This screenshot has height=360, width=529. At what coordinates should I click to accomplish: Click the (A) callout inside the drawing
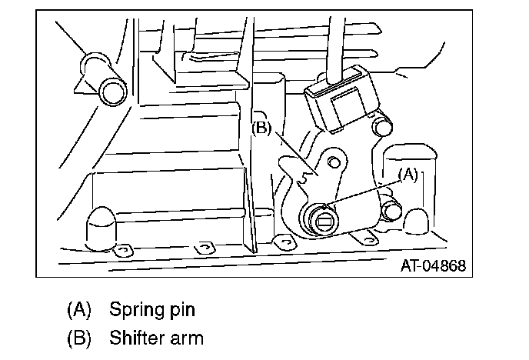coord(408,175)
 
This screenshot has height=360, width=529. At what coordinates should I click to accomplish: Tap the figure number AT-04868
coord(433,265)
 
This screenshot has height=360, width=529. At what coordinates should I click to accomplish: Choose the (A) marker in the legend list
coord(79,311)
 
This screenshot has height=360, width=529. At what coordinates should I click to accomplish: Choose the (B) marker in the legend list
coord(79,337)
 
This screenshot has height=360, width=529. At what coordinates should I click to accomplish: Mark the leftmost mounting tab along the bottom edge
coord(122,251)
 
